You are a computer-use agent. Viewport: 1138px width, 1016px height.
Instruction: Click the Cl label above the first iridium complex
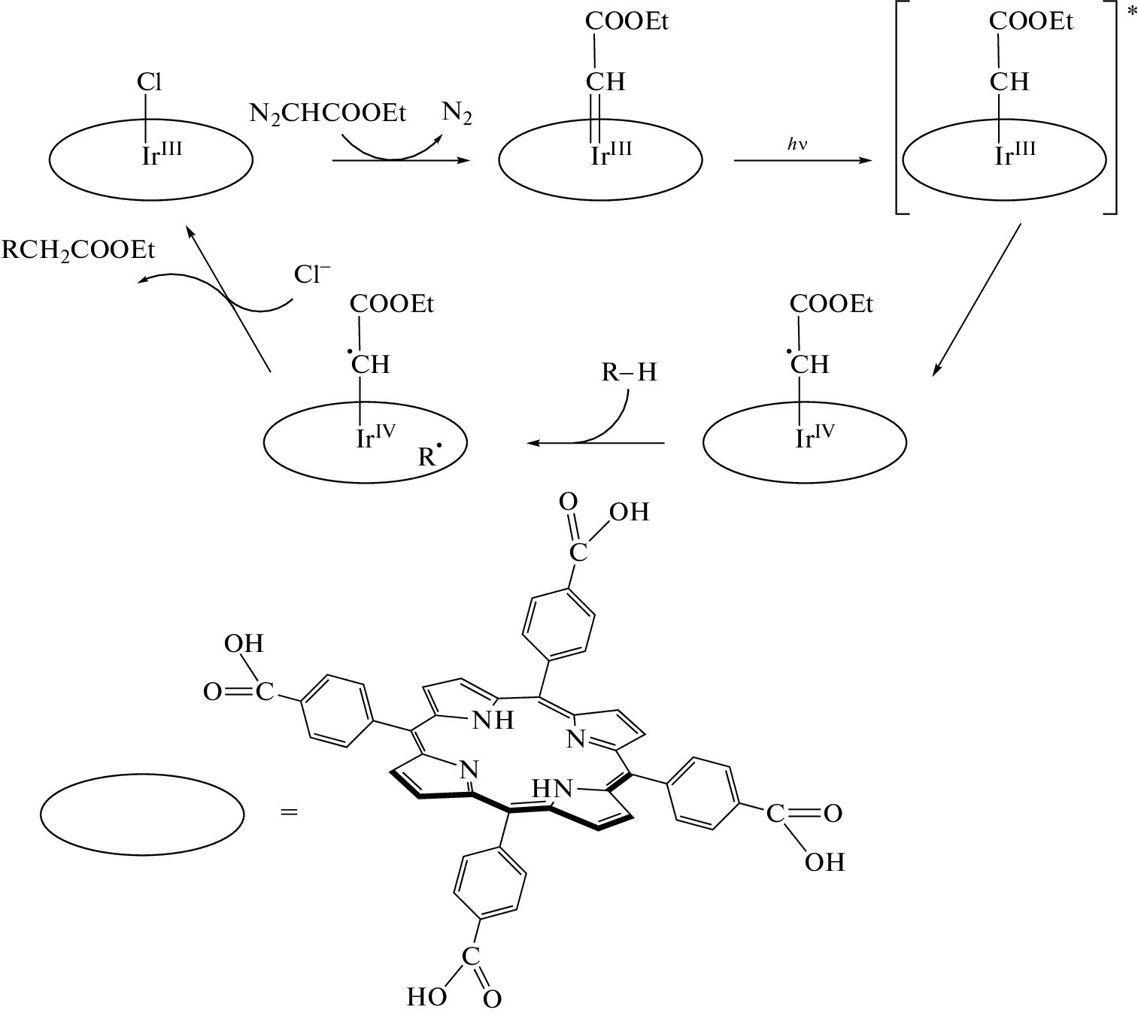tap(149, 81)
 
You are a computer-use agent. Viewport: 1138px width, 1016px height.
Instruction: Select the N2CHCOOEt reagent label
tap(327, 114)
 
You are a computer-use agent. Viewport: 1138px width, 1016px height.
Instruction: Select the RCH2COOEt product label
tap(78, 250)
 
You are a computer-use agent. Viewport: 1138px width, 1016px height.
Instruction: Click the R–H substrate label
tap(629, 372)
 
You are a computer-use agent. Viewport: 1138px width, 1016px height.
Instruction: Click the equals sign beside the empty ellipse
tap(289, 812)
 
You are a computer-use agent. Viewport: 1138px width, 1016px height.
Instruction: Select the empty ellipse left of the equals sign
tap(142, 815)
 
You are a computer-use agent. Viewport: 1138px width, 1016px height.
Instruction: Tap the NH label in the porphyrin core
tap(493, 720)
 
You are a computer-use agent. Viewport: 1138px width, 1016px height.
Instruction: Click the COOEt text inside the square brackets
tap(1030, 22)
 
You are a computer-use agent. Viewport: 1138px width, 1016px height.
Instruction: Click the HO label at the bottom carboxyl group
tap(426, 997)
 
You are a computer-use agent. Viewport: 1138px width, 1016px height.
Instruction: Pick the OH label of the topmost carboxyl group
tap(629, 512)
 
